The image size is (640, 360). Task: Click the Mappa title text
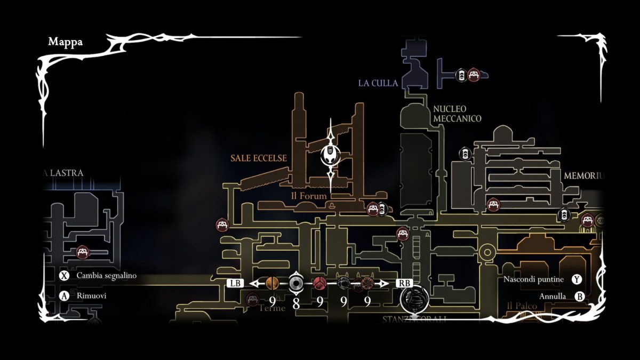click(65, 42)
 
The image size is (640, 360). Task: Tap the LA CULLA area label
click(378, 83)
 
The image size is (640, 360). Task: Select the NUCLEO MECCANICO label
click(457, 114)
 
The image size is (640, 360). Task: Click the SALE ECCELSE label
click(259, 158)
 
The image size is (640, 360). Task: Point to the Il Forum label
click(308, 196)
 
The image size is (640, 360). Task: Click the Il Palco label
click(522, 306)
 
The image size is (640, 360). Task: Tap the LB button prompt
click(235, 283)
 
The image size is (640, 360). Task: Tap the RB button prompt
click(403, 283)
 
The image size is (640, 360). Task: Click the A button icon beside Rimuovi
click(65, 295)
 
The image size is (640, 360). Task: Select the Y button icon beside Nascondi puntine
click(577, 279)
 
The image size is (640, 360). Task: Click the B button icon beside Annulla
click(579, 297)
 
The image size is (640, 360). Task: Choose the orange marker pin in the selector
click(272, 283)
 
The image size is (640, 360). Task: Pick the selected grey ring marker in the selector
click(296, 283)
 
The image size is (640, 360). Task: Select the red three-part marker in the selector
click(319, 283)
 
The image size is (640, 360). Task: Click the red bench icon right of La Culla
click(473, 75)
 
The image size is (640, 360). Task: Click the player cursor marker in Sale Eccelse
click(331, 156)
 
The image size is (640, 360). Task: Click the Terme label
click(272, 308)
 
